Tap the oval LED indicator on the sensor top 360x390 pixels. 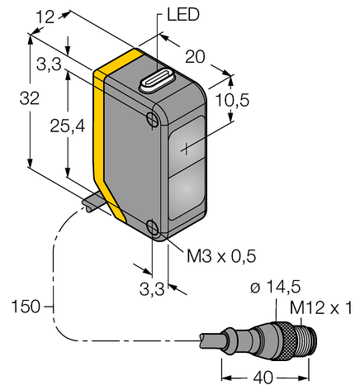click(x=155, y=79)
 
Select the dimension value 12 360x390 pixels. click(x=47, y=15)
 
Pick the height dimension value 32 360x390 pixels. click(x=16, y=97)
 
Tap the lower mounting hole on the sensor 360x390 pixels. click(x=154, y=228)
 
